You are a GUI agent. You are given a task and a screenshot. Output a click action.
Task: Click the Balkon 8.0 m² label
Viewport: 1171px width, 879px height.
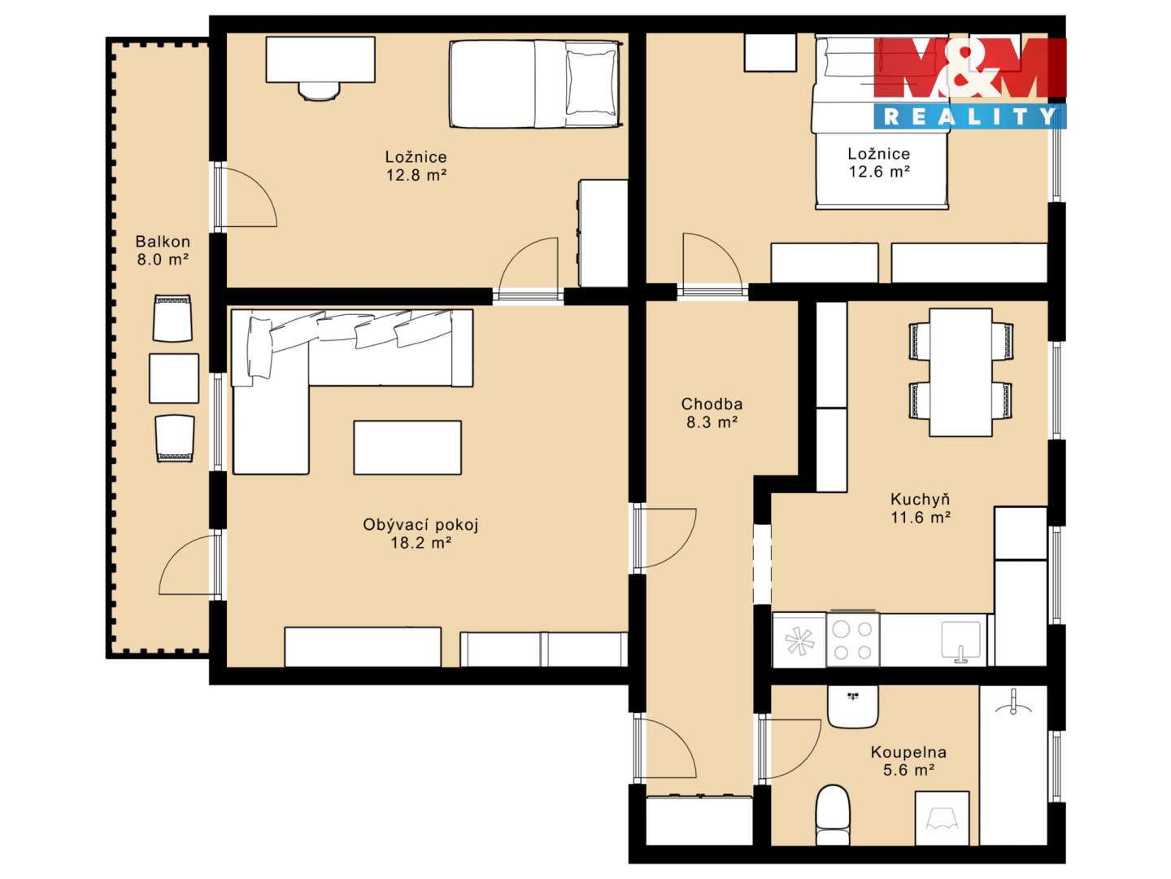pos(162,251)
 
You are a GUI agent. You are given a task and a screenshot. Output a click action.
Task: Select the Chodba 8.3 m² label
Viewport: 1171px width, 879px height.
pos(712,413)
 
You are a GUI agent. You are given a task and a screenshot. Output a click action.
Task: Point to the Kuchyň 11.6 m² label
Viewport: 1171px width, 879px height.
pos(921,508)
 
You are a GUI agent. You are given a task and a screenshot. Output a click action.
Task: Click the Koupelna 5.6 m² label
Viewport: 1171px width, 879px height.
pos(908,761)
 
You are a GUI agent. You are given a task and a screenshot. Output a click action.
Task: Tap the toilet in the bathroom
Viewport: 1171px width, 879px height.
pos(832,815)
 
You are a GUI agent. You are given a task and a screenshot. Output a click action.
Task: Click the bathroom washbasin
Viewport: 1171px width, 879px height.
pos(852,706)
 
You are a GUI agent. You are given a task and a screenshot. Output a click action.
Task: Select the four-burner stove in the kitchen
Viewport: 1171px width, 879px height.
pos(852,640)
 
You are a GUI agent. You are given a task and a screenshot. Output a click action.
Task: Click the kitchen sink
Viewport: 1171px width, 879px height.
pos(960,641)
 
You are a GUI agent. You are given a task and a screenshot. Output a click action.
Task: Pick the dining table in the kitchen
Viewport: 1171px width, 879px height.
pos(960,372)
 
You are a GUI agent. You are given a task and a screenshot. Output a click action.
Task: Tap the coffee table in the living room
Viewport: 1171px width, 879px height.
pos(407,448)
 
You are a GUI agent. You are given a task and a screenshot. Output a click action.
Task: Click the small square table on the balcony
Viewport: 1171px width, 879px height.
pos(174,378)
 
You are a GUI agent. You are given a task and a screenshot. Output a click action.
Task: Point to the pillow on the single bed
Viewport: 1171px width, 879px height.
pos(590,82)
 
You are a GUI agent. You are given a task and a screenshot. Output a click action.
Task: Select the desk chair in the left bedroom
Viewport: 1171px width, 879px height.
pos(319,91)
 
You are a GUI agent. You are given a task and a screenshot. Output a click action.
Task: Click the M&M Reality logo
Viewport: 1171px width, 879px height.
pos(969,83)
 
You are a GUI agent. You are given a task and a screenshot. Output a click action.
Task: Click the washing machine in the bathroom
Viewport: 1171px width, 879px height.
pos(942,818)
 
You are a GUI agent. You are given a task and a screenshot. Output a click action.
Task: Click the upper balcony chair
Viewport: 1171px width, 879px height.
pos(172,318)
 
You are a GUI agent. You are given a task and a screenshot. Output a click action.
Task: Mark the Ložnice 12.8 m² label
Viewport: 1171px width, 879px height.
pos(416,165)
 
